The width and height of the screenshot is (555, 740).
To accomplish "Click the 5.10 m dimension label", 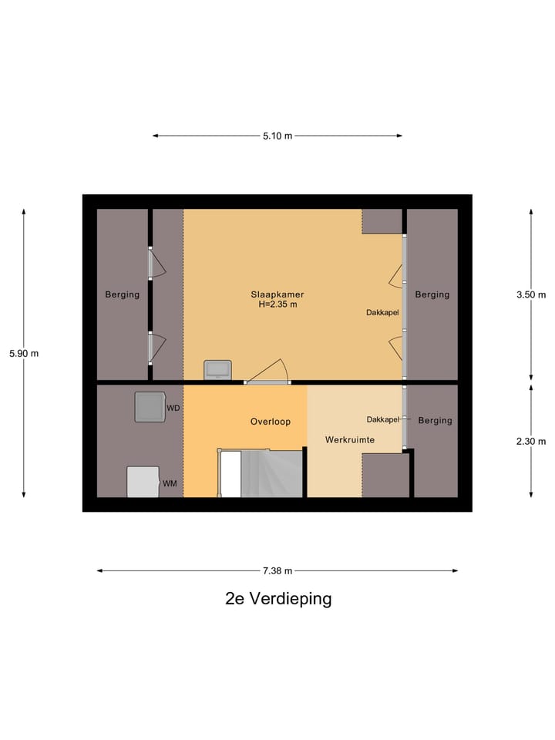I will pyautogui.click(x=277, y=136).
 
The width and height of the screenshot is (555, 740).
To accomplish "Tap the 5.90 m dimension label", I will pyautogui.click(x=23, y=354).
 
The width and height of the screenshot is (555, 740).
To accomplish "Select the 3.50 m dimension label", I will pyautogui.click(x=531, y=294).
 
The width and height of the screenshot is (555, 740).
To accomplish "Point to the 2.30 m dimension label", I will pyautogui.click(x=531, y=441).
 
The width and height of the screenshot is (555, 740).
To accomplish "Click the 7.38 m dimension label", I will pyautogui.click(x=277, y=571).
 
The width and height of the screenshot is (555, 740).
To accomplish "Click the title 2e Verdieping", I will pyautogui.click(x=278, y=599).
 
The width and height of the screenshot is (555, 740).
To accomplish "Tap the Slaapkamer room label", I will pyautogui.click(x=277, y=294).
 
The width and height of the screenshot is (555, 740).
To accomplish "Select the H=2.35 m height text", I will pyautogui.click(x=277, y=304).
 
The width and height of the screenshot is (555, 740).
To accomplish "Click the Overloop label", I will pyautogui.click(x=270, y=422).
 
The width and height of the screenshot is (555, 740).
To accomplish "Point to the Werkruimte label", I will pyautogui.click(x=349, y=439).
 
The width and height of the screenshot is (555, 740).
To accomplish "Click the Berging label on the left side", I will pyautogui.click(x=123, y=294).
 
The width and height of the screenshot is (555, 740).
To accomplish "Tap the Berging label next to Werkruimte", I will pyautogui.click(x=435, y=421).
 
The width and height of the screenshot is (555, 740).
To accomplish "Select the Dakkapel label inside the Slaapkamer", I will pyautogui.click(x=382, y=312).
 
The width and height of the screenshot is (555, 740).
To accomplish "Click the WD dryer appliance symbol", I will pyautogui.click(x=150, y=407).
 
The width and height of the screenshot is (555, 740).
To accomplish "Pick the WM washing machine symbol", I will pyautogui.click(x=143, y=483).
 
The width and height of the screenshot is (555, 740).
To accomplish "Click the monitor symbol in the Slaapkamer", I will pyautogui.click(x=217, y=370).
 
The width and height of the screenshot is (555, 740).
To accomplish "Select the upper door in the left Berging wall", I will pyautogui.click(x=156, y=264).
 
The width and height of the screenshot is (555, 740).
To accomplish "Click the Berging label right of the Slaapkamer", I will pyautogui.click(x=432, y=294).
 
